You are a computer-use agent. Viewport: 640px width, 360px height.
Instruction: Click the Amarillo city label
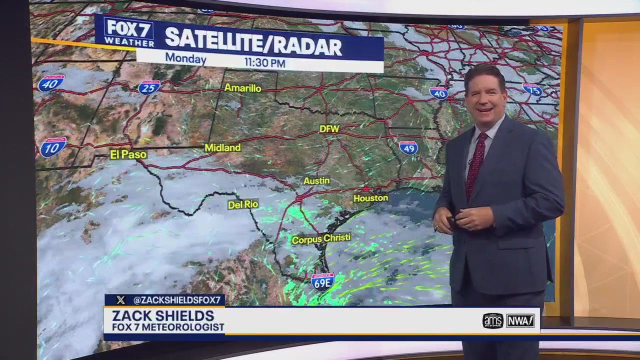tap(243, 88)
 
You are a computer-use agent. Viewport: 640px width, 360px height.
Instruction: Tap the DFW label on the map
tap(329, 129)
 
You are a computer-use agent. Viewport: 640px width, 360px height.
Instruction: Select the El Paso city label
tap(128, 154)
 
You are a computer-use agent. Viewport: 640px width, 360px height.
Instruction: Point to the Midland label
tap(222, 148)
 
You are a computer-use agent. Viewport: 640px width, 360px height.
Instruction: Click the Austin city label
tap(316, 180)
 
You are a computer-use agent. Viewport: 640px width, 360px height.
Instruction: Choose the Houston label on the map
tap(370, 198)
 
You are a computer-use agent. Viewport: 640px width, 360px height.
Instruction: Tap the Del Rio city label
tap(243, 204)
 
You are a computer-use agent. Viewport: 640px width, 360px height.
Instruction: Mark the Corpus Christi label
tap(321, 239)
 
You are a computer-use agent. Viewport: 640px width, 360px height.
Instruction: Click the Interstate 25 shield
tap(149, 87)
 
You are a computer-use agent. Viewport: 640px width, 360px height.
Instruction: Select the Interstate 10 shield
tap(53, 147)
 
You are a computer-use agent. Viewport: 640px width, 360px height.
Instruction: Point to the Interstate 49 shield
tap(408, 147)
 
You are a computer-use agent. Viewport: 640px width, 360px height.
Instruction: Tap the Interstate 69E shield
tap(322, 282)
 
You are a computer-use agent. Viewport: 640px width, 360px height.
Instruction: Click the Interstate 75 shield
tap(532, 90)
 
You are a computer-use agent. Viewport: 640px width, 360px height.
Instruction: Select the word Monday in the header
tap(185, 58)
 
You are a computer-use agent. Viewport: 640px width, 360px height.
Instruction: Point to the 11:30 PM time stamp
tap(264, 63)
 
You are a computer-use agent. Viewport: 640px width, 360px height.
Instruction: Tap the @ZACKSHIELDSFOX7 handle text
tap(176, 300)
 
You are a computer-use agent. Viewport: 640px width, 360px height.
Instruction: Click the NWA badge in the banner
tap(520, 320)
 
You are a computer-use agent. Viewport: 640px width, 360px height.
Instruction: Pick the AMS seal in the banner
tap(493, 320)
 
